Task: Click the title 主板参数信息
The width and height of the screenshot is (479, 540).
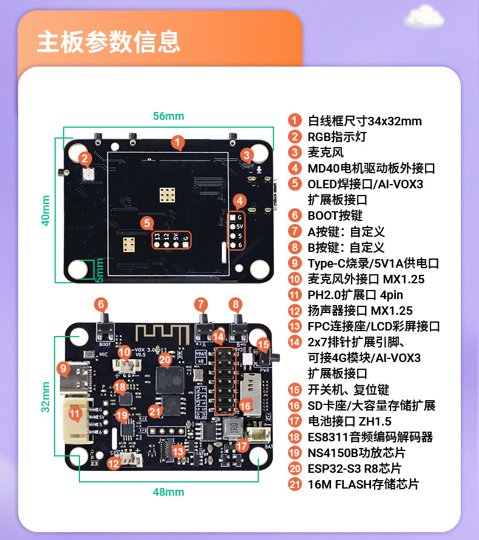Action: (109, 42)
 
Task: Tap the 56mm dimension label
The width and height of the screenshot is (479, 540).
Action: (168, 116)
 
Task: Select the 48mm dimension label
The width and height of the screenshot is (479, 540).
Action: (168, 492)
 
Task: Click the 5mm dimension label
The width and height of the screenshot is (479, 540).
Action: (100, 271)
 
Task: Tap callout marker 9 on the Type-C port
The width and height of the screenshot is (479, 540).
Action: (62, 368)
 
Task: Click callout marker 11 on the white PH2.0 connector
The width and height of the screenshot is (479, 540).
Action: (75, 414)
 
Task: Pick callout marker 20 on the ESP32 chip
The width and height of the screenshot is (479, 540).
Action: (164, 360)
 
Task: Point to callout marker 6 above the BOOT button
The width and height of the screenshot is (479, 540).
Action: (101, 305)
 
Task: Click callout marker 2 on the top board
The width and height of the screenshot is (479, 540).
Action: (85, 159)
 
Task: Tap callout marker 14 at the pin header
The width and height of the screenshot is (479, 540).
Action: (219, 337)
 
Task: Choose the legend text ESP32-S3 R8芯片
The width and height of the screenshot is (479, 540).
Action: (354, 469)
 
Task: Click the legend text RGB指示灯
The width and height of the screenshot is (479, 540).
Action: (337, 137)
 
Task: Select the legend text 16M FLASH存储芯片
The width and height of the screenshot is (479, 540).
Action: (363, 484)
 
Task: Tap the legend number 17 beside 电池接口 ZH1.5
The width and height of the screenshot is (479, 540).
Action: (295, 421)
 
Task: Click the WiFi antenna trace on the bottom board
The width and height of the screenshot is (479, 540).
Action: (159, 333)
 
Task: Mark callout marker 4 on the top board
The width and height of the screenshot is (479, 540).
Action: (239, 201)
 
